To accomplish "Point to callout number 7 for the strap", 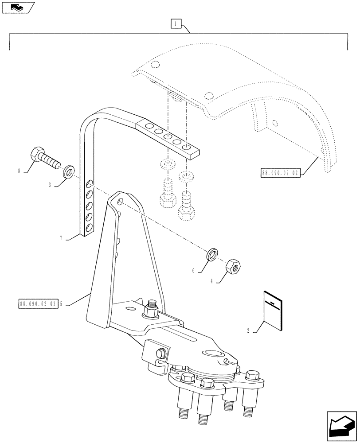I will click(x=61, y=238).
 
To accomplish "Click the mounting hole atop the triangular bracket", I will click(x=121, y=202).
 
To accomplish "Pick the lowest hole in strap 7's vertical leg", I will click(x=89, y=227).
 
